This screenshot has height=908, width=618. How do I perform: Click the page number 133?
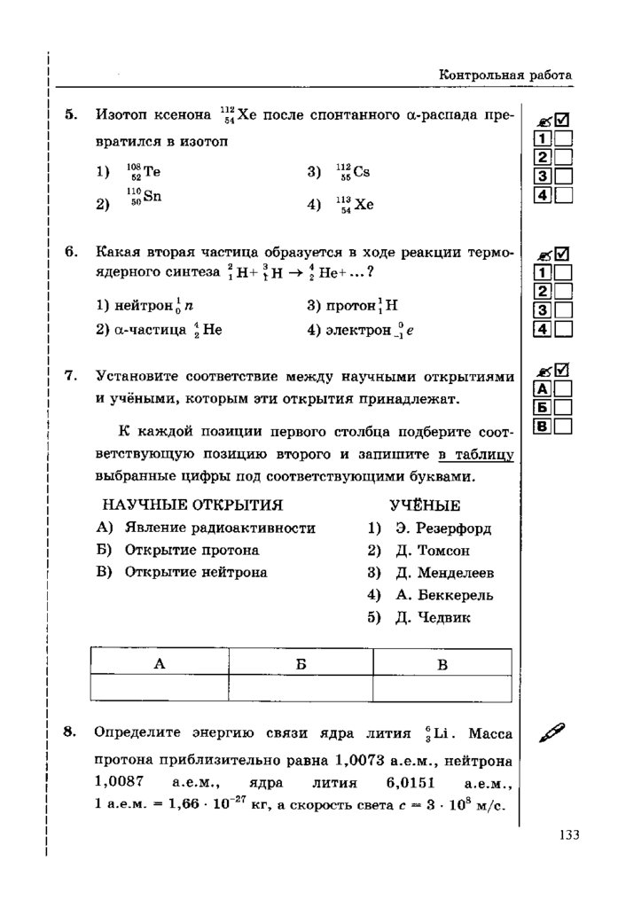[x=569, y=834]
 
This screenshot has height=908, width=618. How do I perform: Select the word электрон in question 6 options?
[x=358, y=331]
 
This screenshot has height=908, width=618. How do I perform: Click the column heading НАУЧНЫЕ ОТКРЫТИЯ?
[x=192, y=505]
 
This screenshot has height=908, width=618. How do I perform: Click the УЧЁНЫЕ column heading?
[x=425, y=505]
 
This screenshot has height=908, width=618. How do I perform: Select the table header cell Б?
[x=301, y=663]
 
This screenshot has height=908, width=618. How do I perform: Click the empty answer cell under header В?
[x=442, y=689]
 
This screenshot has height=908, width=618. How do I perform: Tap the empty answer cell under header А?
[x=160, y=689]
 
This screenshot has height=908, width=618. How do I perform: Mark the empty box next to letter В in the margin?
[x=563, y=427]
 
